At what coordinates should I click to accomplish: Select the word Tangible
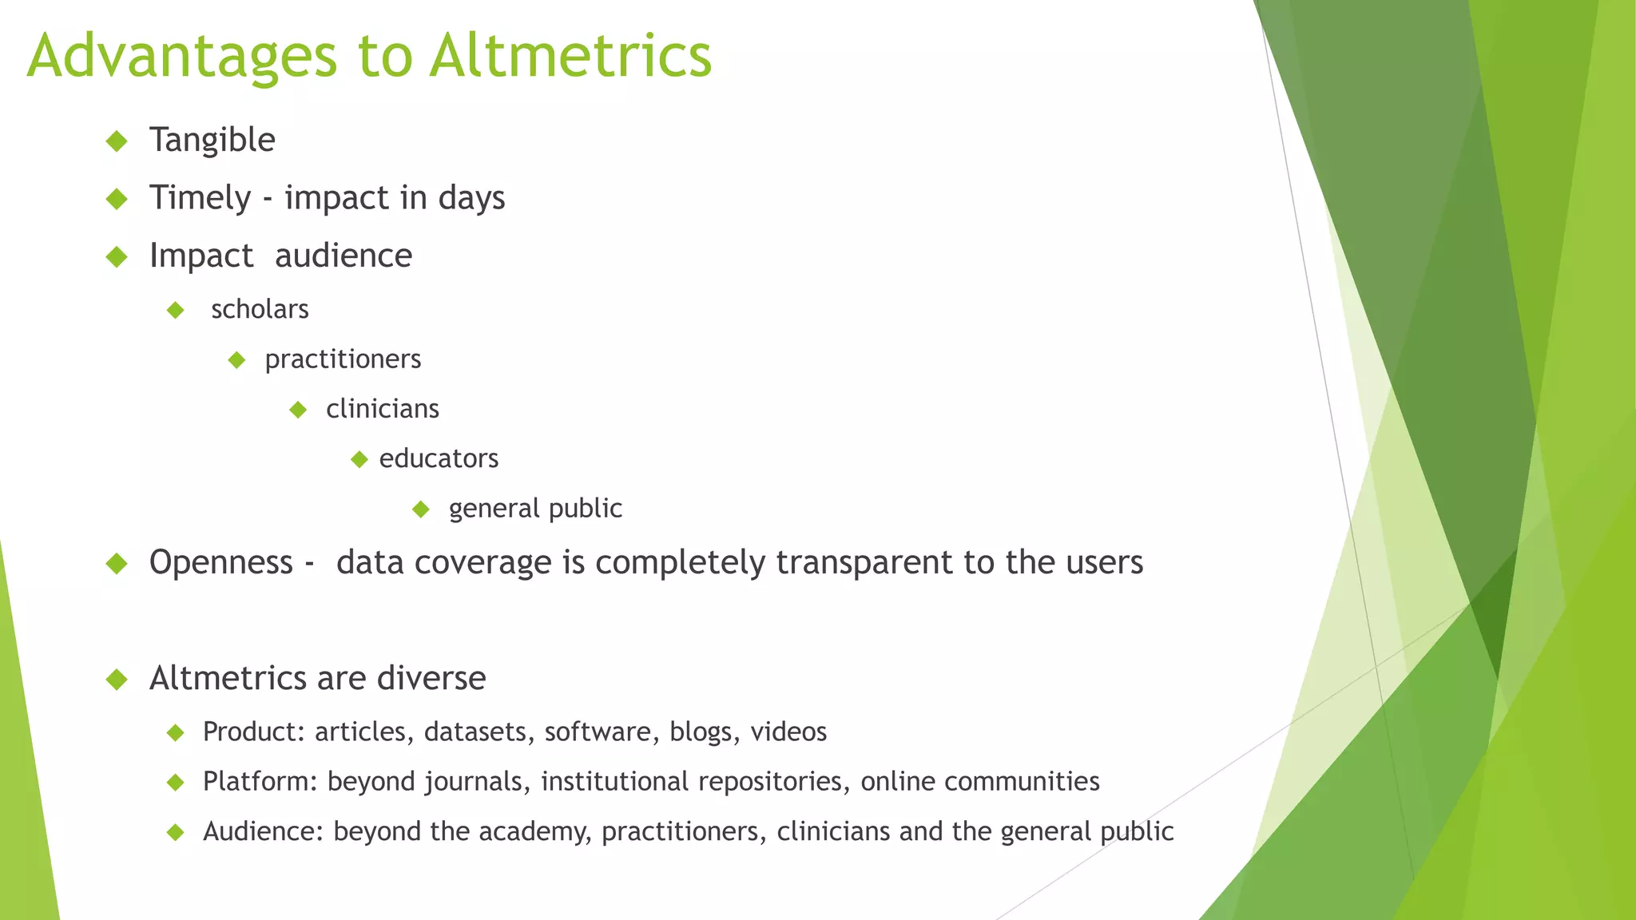(212, 141)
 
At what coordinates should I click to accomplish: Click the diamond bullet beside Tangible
(117, 141)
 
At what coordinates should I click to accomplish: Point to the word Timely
(201, 198)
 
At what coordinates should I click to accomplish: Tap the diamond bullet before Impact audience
(117, 256)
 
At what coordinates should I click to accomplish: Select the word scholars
(260, 309)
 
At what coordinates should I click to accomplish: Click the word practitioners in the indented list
(343, 359)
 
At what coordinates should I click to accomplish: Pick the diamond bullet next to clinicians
(298, 410)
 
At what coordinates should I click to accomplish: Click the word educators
(439, 458)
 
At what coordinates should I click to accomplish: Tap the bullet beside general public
(421, 509)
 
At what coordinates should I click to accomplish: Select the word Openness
(221, 562)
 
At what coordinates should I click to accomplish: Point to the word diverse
(431, 679)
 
